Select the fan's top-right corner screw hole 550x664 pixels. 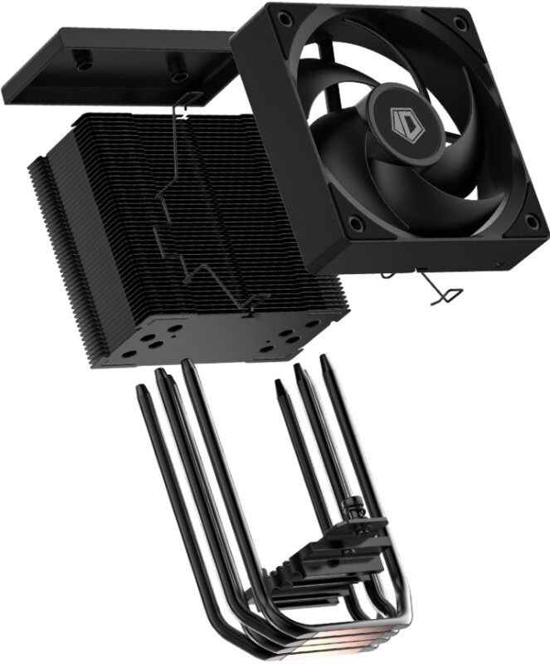tap(459, 22)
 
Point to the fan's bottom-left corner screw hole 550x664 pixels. tap(354, 221)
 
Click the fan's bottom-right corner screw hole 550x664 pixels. tap(530, 221)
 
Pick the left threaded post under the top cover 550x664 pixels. tap(80, 61)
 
